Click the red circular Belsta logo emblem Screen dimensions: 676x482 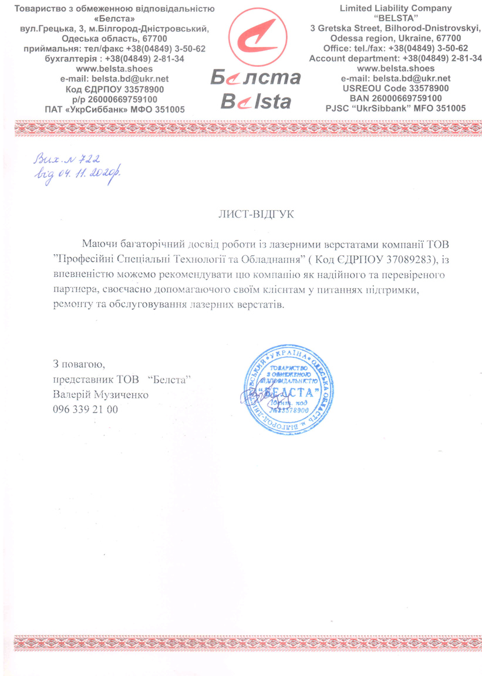click(x=256, y=36)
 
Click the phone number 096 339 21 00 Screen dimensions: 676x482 click(x=85, y=410)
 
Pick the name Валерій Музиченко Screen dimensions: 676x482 click(x=100, y=395)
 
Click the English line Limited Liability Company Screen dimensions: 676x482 click(x=397, y=8)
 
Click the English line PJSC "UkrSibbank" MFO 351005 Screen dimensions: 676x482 click(x=396, y=109)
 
